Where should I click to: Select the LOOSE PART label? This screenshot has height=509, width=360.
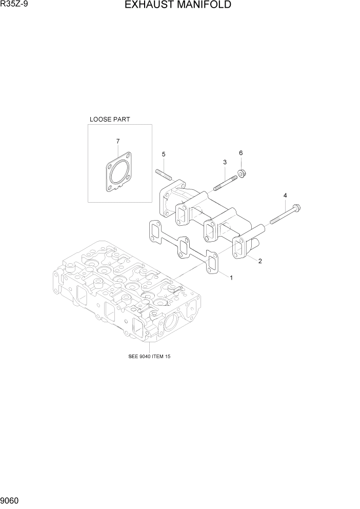point(109,119)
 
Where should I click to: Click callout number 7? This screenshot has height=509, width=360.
point(118,141)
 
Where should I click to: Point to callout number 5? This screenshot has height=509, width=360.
point(164,154)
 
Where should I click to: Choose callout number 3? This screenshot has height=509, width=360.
point(225,162)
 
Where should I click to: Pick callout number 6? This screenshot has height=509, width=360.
point(241,153)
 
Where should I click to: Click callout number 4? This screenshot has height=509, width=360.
point(285,195)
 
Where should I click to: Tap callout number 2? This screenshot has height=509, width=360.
point(260,261)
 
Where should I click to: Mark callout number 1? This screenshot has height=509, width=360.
point(231,278)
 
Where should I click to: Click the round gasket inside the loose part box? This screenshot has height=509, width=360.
point(118,174)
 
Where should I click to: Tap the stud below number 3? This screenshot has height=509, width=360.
point(224,182)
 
